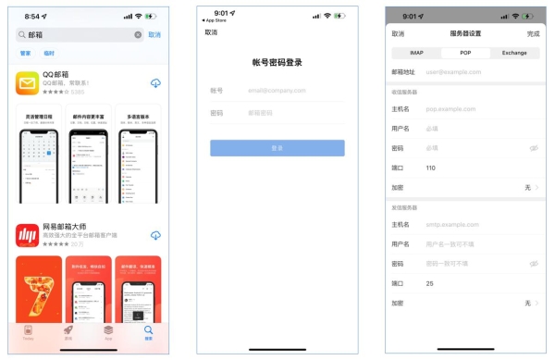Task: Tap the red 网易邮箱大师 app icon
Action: click(x=28, y=236)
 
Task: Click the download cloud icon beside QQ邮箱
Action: click(x=154, y=83)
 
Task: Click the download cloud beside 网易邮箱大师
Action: click(x=154, y=236)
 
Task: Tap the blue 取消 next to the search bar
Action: click(x=154, y=34)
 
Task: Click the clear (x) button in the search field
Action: click(x=138, y=34)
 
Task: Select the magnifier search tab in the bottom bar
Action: click(x=148, y=331)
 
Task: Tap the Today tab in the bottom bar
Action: click(x=28, y=331)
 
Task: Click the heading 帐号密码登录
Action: click(x=277, y=63)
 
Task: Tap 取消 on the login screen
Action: click(x=211, y=32)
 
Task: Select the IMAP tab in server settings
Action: click(x=417, y=53)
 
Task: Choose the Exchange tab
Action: click(x=513, y=53)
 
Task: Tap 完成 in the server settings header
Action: click(x=533, y=33)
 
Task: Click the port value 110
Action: click(x=431, y=168)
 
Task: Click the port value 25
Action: click(x=430, y=283)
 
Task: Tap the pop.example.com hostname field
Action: click(x=453, y=108)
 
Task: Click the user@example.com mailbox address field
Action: click(x=453, y=70)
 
